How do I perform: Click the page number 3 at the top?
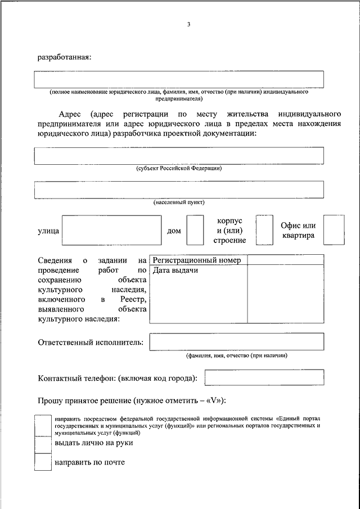[x=189, y=25]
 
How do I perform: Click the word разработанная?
[x=64, y=57]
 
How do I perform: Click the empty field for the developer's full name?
[x=179, y=79]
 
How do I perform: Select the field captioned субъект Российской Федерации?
[x=179, y=155]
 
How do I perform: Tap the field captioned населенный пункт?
[x=179, y=190]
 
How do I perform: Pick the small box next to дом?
[x=195, y=230]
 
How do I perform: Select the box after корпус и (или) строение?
[x=264, y=230]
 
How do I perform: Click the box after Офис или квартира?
[x=334, y=230]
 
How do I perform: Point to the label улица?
[x=48, y=231]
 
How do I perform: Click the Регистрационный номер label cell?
[x=198, y=260]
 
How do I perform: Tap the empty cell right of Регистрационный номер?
[x=286, y=260]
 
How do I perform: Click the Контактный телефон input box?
[x=264, y=377]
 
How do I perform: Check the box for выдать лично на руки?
[x=43, y=444]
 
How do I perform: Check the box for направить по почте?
[x=43, y=462]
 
